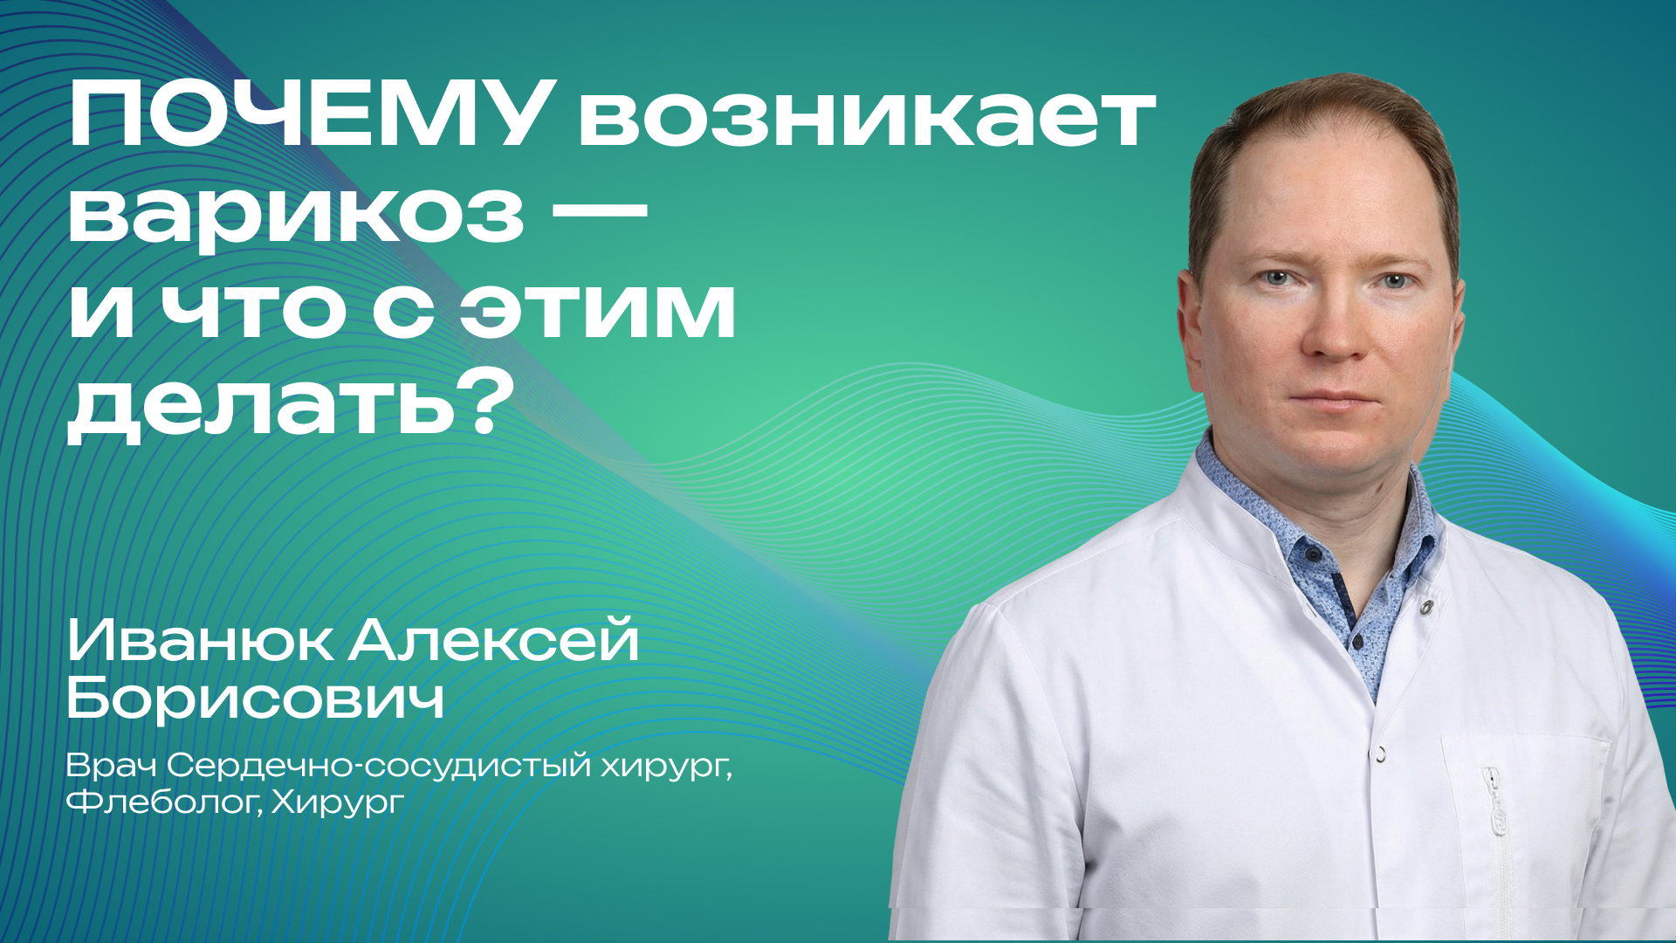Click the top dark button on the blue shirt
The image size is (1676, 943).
click(x=1312, y=554)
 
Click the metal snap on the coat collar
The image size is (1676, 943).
click(x=1426, y=606)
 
